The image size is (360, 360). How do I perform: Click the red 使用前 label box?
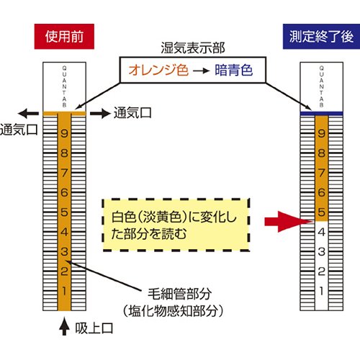[x=64, y=37]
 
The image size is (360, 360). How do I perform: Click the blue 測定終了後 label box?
[x=321, y=37]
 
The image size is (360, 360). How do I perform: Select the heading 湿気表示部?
[x=193, y=48]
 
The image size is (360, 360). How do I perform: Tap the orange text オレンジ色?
[x=158, y=71]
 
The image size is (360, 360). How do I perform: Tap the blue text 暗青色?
[x=234, y=70]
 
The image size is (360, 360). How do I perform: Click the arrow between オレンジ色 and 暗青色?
[x=201, y=71]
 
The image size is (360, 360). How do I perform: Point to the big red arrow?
[x=289, y=222]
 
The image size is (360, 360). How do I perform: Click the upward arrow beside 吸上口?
[x=64, y=326]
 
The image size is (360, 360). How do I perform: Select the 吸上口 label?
[x=94, y=328]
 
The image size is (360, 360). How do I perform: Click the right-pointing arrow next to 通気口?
[x=100, y=113]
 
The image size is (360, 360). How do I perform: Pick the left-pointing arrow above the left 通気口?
[x=28, y=113]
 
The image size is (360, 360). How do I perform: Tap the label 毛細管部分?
[x=179, y=294]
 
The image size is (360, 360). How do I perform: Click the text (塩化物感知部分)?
[x=174, y=311]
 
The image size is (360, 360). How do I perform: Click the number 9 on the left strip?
[x=64, y=133]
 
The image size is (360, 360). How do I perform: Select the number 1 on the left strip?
[x=64, y=291]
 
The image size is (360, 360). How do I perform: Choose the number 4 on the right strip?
[x=321, y=232]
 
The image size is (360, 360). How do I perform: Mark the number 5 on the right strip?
[x=321, y=212]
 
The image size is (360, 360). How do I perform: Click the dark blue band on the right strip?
[x=321, y=114]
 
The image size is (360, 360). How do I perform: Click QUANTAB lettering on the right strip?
[x=321, y=86]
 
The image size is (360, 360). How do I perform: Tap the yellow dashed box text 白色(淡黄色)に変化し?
[x=174, y=217]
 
